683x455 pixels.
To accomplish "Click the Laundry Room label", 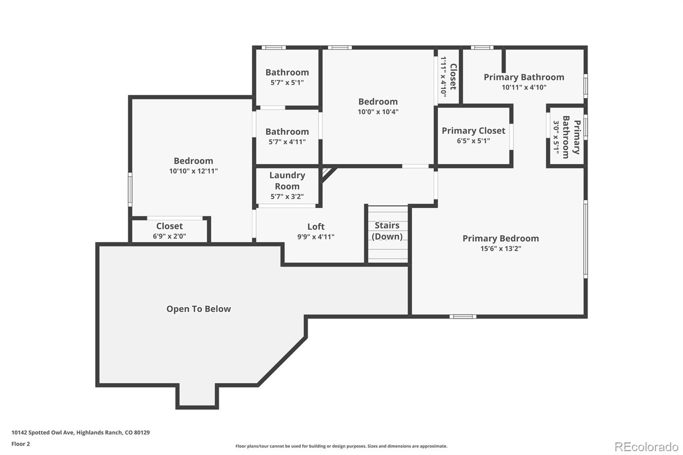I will click(287, 181).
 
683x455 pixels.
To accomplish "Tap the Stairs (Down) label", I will click(387, 231).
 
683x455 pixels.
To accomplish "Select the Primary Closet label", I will click(473, 131).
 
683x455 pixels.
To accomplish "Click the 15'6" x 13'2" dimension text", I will click(501, 248).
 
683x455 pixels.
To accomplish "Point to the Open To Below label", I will click(198, 309).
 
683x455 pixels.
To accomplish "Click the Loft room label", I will click(316, 227).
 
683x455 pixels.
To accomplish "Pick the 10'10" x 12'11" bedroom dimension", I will click(193, 171).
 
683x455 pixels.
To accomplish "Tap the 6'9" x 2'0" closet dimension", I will click(169, 236).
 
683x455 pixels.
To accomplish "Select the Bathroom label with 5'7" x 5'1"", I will click(287, 73).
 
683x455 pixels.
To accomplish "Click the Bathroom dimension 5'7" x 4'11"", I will click(287, 142).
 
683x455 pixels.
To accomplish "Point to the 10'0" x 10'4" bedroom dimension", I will click(378, 112).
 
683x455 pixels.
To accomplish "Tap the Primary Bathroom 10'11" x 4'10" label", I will click(524, 77).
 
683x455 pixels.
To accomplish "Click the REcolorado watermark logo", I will click(646, 446).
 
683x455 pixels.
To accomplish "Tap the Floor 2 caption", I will click(20, 444).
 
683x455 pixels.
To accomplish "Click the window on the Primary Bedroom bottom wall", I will click(463, 316).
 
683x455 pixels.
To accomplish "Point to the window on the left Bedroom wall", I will click(130, 190).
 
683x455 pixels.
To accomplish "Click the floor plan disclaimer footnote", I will click(341, 446).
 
